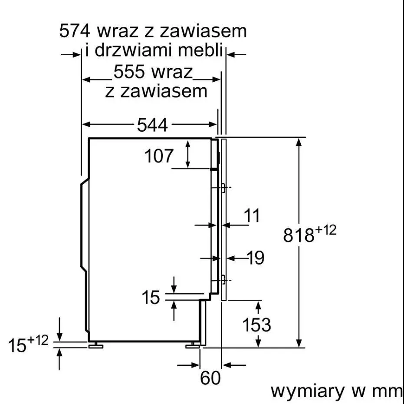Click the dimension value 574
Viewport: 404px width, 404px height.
click(74, 31)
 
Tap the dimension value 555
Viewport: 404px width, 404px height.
click(129, 72)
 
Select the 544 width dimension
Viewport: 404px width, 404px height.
click(152, 126)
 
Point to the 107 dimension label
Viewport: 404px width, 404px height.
click(159, 156)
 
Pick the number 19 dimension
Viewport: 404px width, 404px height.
click(256, 258)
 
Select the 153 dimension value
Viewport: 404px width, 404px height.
click(256, 325)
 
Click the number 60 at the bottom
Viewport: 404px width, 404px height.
click(210, 378)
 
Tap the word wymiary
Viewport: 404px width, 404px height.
click(306, 391)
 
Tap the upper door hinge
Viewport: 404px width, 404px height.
click(222, 188)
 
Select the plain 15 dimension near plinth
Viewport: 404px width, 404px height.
click(151, 298)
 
